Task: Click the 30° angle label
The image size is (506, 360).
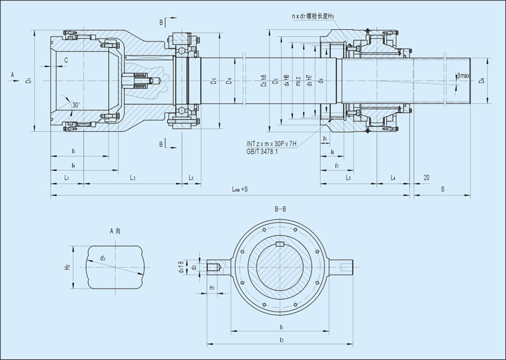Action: pos(76,105)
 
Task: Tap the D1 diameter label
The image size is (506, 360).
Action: pos(29,81)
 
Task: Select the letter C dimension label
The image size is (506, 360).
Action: pos(66,61)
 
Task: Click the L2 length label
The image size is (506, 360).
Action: pos(132,178)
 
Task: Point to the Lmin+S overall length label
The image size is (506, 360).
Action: pos(241,189)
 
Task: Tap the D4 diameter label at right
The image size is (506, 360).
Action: pos(482,81)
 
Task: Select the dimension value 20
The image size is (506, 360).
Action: pos(426,178)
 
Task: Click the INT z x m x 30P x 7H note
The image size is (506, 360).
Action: pos(272,144)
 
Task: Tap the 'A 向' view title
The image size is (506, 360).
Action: pos(116,230)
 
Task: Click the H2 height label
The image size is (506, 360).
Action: pos(68,266)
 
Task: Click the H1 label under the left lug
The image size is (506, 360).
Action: pos(212,286)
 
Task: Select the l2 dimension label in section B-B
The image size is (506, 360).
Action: pos(280,340)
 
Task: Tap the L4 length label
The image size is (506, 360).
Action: pos(393,178)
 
